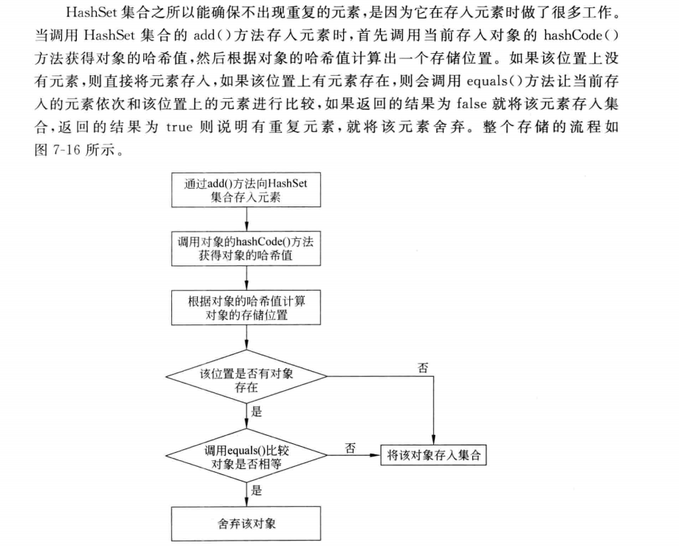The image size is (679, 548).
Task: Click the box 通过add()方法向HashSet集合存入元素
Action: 246,190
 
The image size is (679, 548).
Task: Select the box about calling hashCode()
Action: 246,248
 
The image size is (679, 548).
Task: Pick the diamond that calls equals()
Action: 246,455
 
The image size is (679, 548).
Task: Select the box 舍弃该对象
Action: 246,524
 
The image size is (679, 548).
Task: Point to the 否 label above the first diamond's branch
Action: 423,367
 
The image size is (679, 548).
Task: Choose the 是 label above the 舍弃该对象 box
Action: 257,489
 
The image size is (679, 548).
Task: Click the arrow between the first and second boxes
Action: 246,221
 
